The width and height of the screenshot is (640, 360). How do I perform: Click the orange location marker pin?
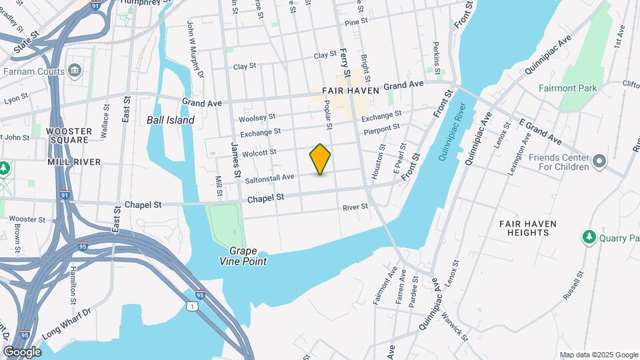click(320, 159)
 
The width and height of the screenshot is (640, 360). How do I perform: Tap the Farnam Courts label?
click(33, 71)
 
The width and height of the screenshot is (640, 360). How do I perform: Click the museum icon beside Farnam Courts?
click(74, 71)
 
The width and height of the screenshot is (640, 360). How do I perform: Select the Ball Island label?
click(171, 121)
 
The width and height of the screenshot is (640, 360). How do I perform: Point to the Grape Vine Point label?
click(248, 257)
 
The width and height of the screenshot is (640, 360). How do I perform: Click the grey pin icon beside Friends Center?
click(599, 161)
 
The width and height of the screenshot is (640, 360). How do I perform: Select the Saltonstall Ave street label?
click(270, 178)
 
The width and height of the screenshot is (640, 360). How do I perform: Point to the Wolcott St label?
click(259, 153)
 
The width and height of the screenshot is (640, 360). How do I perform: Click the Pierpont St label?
click(381, 127)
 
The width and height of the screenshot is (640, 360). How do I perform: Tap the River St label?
click(355, 207)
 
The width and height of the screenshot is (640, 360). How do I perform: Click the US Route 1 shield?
click(192, 305)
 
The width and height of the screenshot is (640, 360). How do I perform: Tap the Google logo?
click(22, 351)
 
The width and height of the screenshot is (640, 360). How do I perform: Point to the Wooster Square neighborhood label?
click(69, 135)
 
